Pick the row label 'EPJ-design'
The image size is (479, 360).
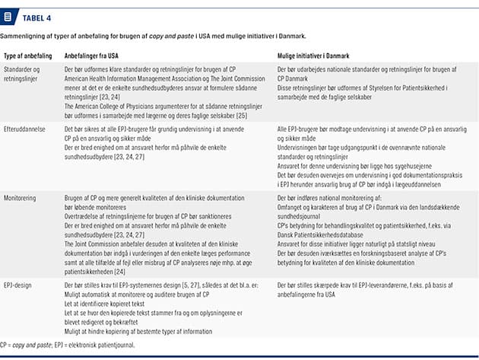[21, 284]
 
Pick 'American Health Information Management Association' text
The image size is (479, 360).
[135, 84]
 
